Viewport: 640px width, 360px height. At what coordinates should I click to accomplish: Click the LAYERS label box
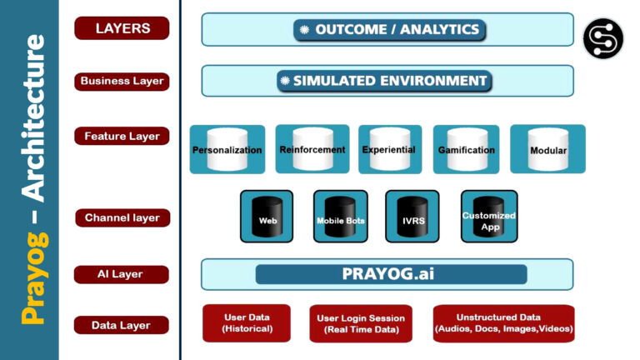[122, 28]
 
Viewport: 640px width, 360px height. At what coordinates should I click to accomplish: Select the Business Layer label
[122, 82]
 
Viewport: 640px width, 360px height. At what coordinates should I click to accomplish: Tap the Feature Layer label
[122, 136]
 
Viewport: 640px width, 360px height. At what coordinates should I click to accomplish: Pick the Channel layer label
[122, 218]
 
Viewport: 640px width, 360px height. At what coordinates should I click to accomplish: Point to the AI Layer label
[122, 274]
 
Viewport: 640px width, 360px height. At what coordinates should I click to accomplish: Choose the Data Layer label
[122, 325]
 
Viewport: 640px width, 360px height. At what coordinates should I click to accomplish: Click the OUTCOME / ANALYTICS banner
[388, 30]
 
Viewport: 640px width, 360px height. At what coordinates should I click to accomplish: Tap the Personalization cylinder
[227, 149]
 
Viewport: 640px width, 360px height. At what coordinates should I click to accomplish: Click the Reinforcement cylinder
[312, 148]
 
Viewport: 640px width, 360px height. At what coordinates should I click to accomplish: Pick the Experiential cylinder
[389, 149]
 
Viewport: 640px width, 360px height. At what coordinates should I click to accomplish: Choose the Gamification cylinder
[466, 149]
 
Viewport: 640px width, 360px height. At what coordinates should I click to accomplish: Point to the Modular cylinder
[547, 149]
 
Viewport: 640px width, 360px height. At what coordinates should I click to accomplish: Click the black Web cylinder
[267, 217]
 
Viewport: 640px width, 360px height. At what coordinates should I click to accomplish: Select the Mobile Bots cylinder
[340, 217]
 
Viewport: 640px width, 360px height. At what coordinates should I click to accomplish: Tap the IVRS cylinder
[412, 217]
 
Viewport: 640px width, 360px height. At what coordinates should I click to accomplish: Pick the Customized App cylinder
[489, 217]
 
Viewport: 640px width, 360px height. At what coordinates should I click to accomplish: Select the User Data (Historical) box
[247, 323]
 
